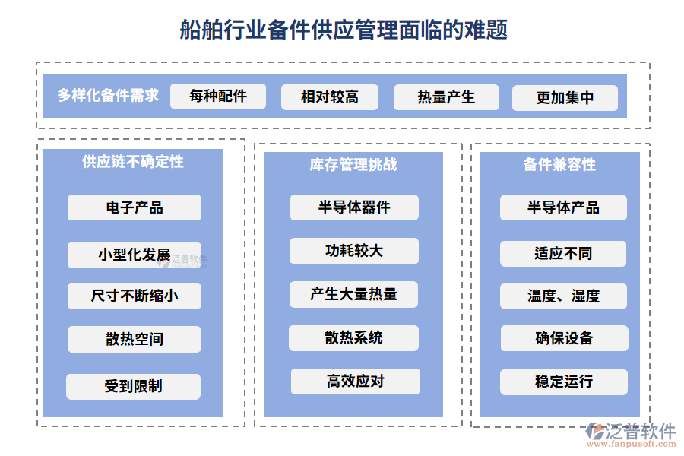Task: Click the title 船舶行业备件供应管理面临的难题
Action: (x=344, y=30)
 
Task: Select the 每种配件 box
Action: (x=218, y=97)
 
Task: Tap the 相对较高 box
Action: (x=330, y=97)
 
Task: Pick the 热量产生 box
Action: (x=446, y=97)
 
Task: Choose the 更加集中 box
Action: (x=565, y=98)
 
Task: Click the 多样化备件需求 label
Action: (x=108, y=96)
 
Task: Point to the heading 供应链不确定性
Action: (x=133, y=162)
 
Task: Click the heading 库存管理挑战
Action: (x=353, y=164)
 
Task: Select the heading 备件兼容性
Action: (x=559, y=164)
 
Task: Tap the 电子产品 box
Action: (x=135, y=207)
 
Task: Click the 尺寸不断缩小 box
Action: (x=135, y=296)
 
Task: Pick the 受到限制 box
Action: (x=133, y=386)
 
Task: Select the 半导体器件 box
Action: (x=354, y=207)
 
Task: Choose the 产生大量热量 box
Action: (x=354, y=294)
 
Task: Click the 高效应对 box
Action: (x=355, y=381)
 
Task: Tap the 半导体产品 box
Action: (x=563, y=207)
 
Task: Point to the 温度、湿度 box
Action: (x=563, y=296)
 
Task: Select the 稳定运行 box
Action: (x=563, y=382)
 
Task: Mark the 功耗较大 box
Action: (x=354, y=251)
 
